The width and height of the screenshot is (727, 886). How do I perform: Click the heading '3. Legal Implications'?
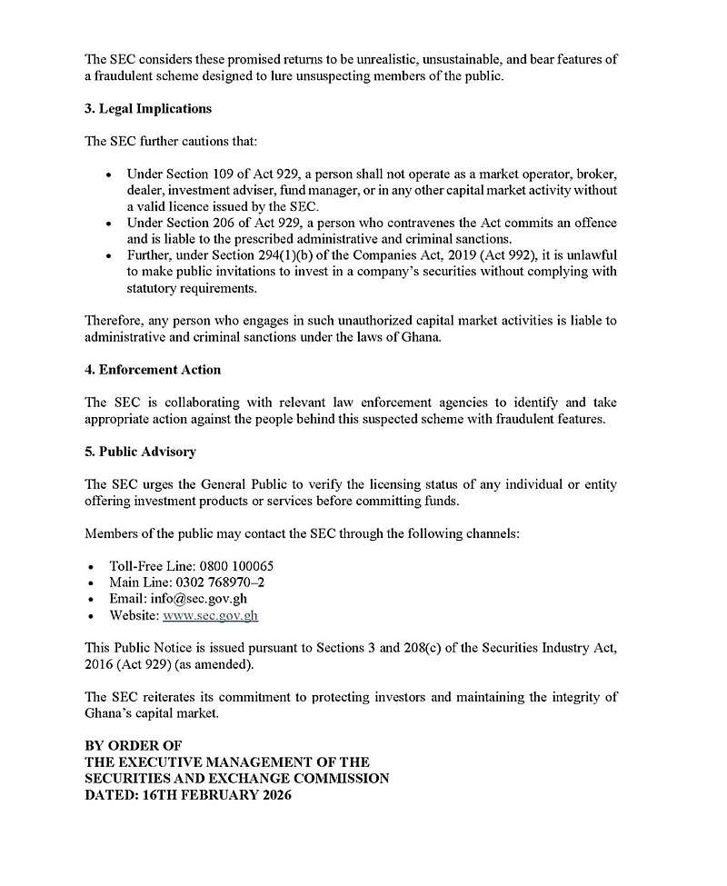pos(147,108)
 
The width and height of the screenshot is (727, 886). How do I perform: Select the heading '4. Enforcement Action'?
pos(153,370)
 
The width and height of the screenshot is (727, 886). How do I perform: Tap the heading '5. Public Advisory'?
pos(140,452)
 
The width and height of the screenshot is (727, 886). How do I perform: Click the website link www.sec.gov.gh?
pos(210,615)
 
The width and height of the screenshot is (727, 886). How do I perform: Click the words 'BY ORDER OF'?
pos(133,745)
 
